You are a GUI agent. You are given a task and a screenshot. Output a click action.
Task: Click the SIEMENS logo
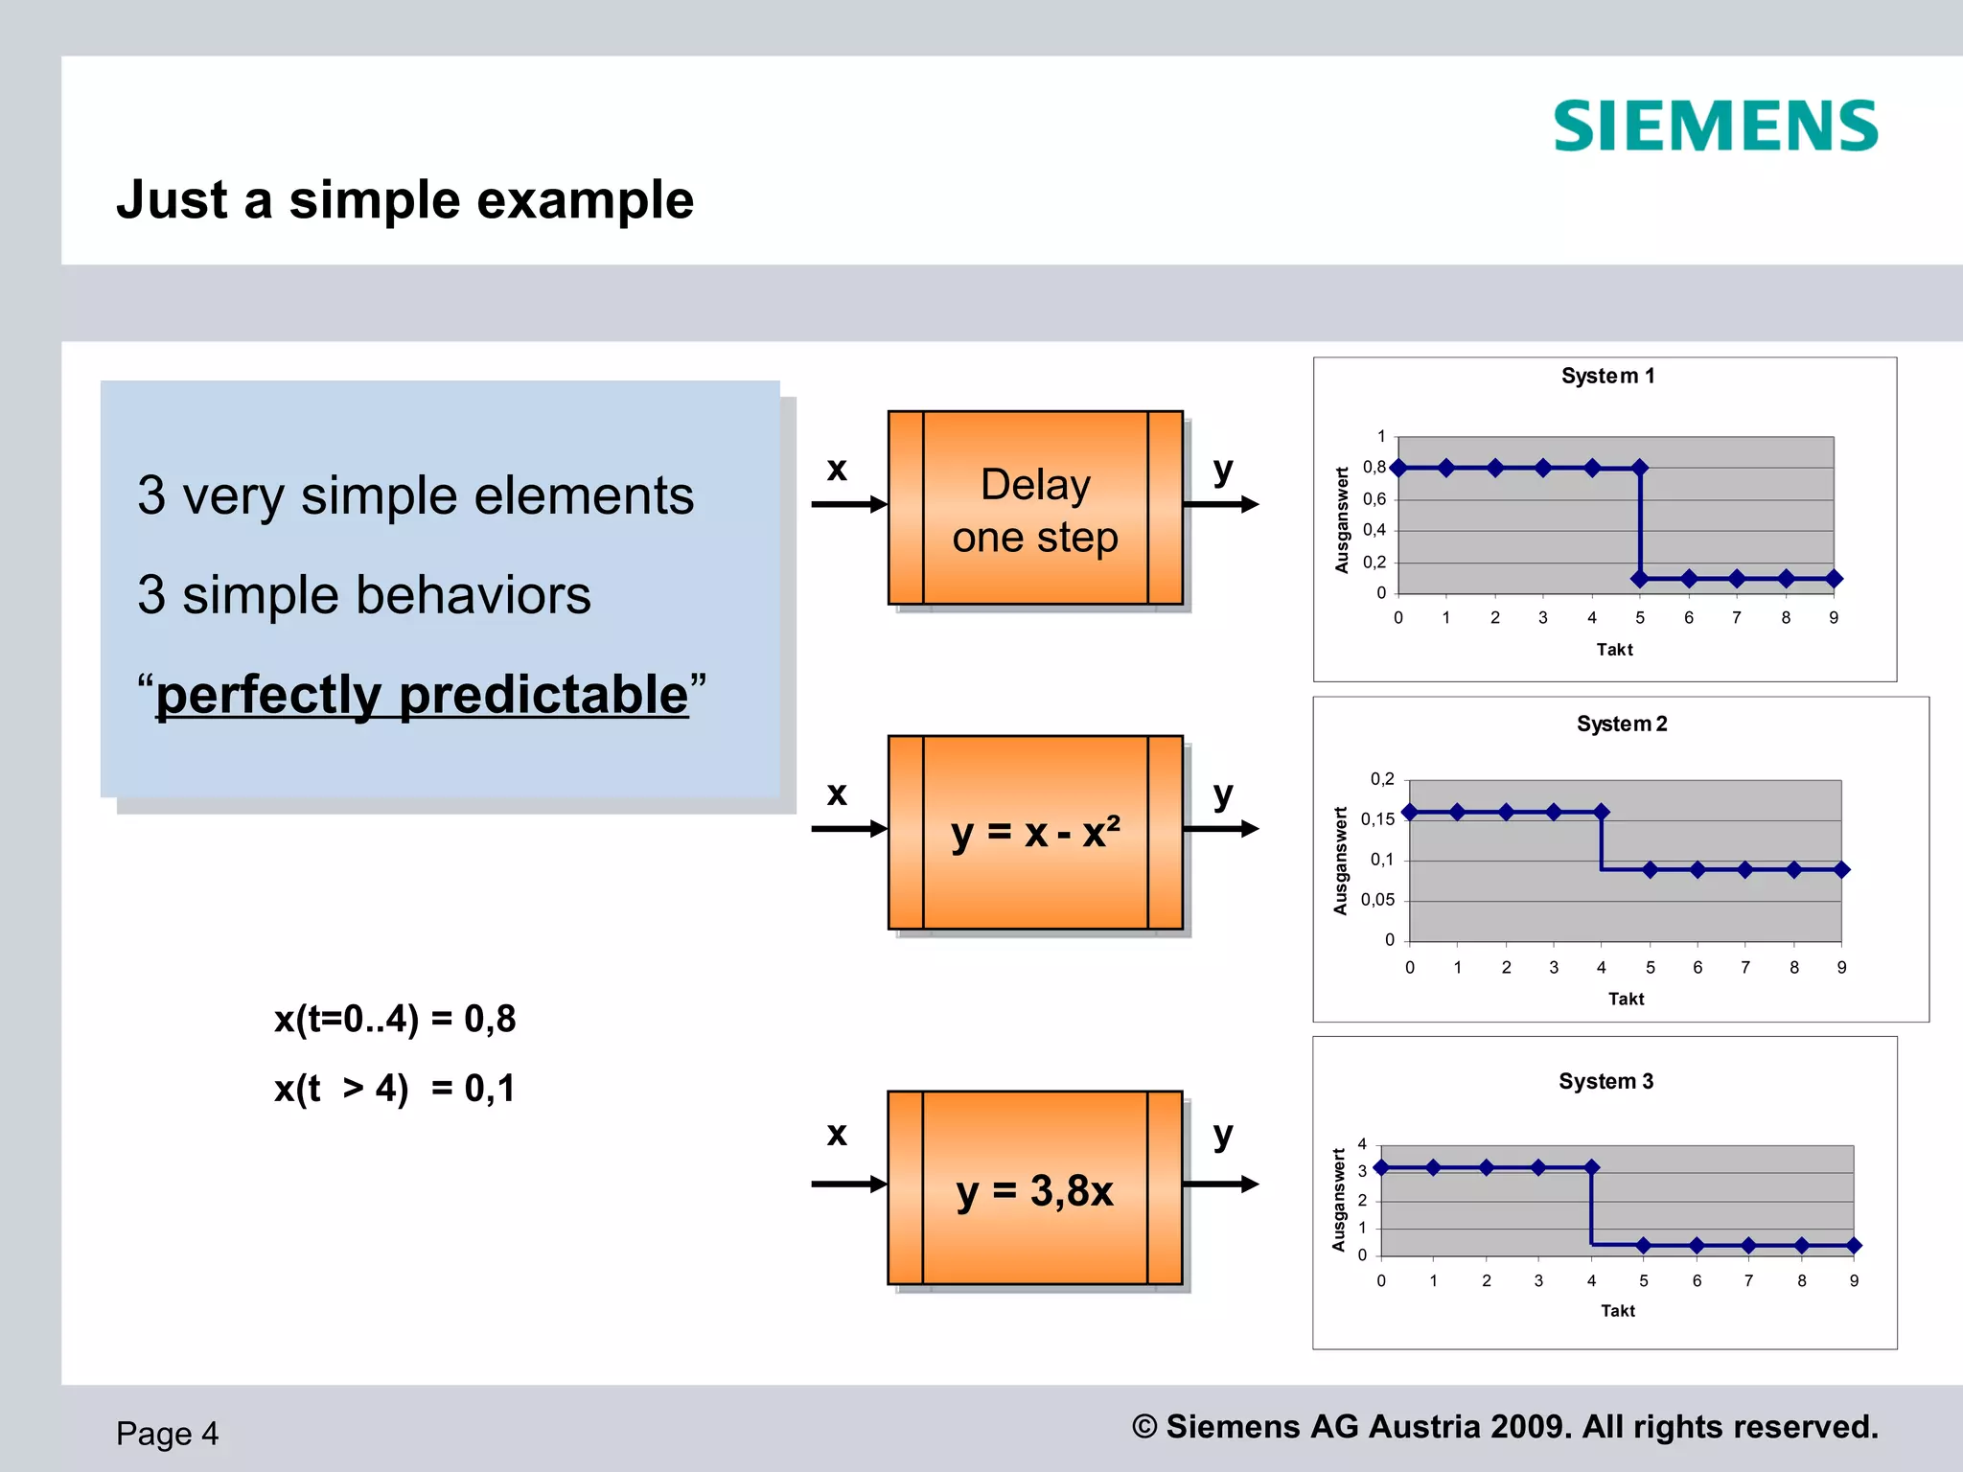[x=1715, y=126]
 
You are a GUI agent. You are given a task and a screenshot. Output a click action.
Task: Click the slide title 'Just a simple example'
[x=404, y=200]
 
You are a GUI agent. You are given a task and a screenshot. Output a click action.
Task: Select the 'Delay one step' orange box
[x=1035, y=508]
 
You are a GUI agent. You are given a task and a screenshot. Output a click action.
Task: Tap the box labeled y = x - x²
[x=1035, y=832]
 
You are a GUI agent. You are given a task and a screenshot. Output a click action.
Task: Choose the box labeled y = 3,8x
[x=1035, y=1188]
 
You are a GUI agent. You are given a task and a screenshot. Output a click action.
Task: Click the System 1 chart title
[x=1607, y=376]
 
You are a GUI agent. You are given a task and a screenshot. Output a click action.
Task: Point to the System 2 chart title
[x=1622, y=724]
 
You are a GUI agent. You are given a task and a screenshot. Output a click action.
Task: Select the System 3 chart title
[x=1605, y=1081]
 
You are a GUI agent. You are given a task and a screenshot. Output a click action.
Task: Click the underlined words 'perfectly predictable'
[x=422, y=694]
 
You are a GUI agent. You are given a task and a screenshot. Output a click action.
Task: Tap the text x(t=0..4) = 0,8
[x=395, y=1019]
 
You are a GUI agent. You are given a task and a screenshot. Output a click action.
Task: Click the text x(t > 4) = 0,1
[x=395, y=1089]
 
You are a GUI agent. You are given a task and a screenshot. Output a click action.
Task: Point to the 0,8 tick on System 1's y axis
[x=1374, y=468]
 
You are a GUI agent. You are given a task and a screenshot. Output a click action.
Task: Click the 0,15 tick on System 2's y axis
[x=1377, y=819]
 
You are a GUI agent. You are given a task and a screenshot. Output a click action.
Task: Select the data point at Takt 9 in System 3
[x=1854, y=1246]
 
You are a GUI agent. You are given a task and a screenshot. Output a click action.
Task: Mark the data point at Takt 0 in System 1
[x=1398, y=468]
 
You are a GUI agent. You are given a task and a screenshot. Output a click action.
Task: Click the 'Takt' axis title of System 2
[x=1626, y=999]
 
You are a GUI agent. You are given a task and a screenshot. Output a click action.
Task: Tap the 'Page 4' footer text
[x=168, y=1434]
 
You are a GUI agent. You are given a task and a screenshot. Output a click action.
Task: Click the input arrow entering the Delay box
[x=848, y=504]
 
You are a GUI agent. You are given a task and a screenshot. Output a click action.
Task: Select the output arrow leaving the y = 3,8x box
[x=1220, y=1184]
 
